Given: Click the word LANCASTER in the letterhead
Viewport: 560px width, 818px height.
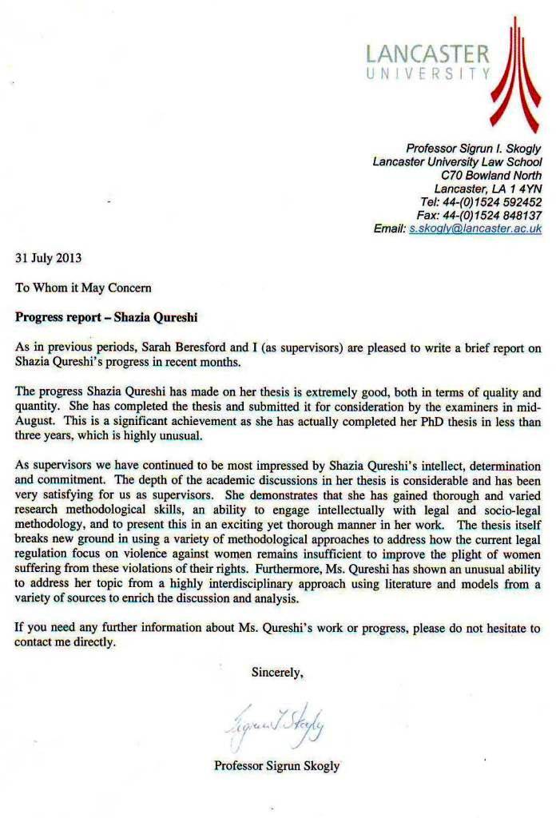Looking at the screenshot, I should [427, 54].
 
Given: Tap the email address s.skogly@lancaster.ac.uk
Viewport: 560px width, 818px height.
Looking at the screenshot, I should [475, 228].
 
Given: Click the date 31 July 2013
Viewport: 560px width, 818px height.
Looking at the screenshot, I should [49, 258].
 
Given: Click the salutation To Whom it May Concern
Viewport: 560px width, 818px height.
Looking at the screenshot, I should [83, 287].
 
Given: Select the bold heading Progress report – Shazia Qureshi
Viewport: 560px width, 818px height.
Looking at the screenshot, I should [106, 316].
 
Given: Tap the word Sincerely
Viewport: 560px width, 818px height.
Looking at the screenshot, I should [277, 673].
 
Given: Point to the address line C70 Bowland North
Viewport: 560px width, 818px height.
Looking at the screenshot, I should [491, 175].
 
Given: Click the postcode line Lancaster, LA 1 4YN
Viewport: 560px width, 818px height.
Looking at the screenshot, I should [487, 189].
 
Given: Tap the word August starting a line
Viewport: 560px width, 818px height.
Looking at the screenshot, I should [36, 422].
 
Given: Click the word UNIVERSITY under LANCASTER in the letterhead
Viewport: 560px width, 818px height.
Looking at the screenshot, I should [427, 74].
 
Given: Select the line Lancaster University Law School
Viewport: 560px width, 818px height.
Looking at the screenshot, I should [457, 161].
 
